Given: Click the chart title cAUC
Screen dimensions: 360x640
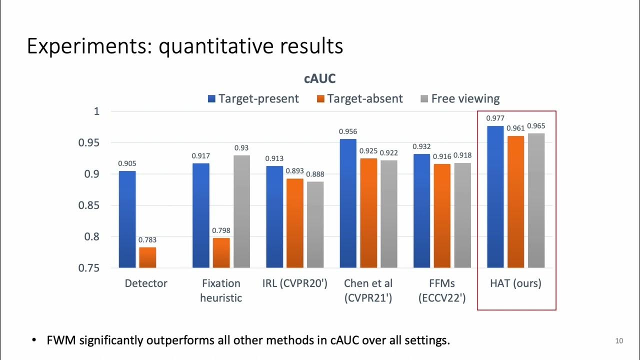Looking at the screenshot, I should click(320, 78).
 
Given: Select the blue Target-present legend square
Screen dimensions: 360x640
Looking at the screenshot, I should click(211, 98).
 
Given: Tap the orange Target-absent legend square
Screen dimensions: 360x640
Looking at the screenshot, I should click(321, 98).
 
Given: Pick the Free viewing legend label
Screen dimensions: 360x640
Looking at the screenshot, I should click(465, 98).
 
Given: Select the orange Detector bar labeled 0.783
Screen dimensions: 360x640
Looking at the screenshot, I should click(147, 257).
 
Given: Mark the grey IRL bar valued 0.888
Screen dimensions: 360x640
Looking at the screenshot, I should click(315, 224).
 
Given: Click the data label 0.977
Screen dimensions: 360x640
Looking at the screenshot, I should click(495, 118).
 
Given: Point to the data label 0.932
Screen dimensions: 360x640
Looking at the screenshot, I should click(421, 146).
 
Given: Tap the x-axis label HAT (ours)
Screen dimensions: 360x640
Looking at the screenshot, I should click(516, 283).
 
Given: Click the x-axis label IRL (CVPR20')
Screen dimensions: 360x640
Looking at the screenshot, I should click(294, 283).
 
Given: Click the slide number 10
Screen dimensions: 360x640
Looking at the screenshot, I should click(619, 341).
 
